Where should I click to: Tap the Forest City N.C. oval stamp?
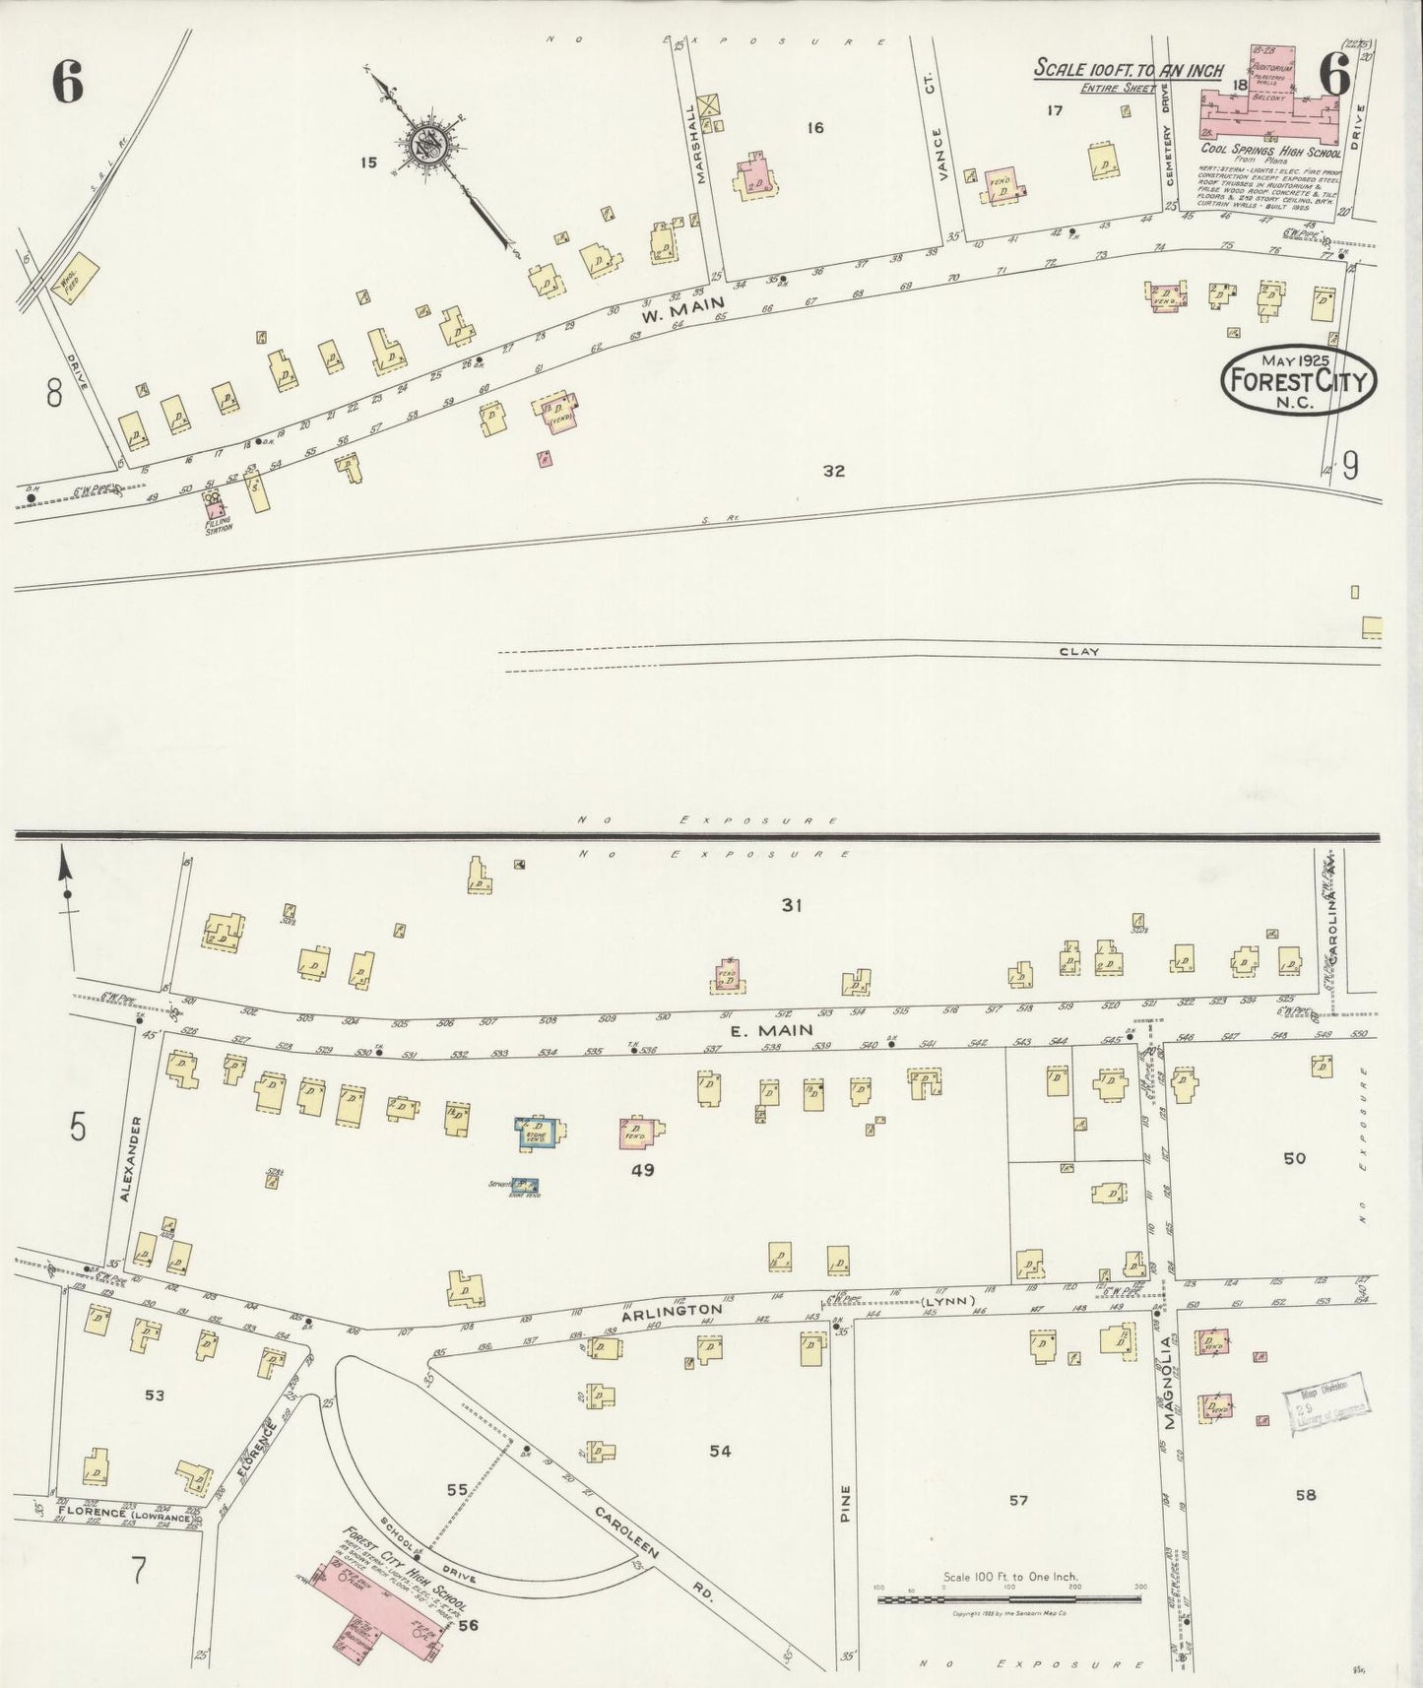(1299, 380)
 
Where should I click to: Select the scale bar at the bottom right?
(1010, 1588)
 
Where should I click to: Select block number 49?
(643, 1171)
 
